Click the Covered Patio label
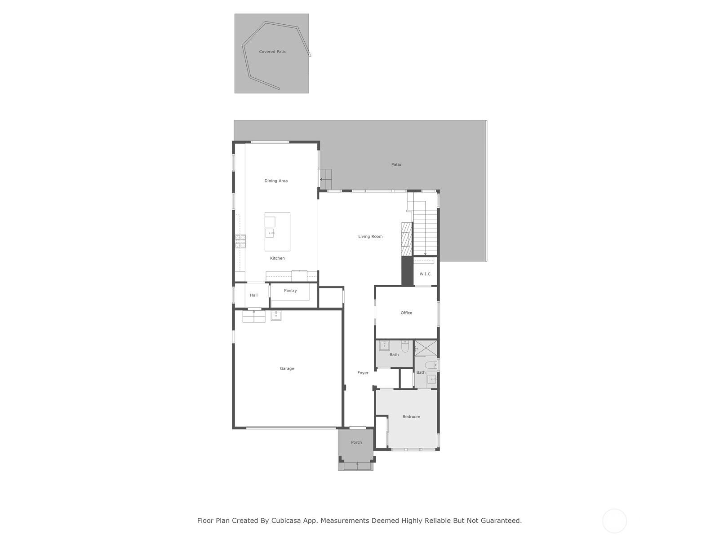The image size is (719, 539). point(272,51)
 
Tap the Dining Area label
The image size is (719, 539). point(276,181)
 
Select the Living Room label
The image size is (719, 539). point(370,236)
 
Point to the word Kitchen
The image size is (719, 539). point(277,258)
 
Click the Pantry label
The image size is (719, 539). point(290,290)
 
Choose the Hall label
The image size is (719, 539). point(253,295)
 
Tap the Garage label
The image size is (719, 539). point(287,368)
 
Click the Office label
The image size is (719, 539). point(406,313)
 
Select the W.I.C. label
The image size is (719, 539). point(426,274)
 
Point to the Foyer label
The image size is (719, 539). point(363,373)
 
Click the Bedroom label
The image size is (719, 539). point(411,417)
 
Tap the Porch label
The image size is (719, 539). point(356,442)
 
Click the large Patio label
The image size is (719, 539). point(396,164)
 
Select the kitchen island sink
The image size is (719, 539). point(270,233)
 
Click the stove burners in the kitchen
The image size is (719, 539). point(240,241)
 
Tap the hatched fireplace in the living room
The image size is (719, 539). point(407,239)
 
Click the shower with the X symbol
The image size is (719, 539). point(426,348)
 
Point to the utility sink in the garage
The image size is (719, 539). point(276,315)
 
